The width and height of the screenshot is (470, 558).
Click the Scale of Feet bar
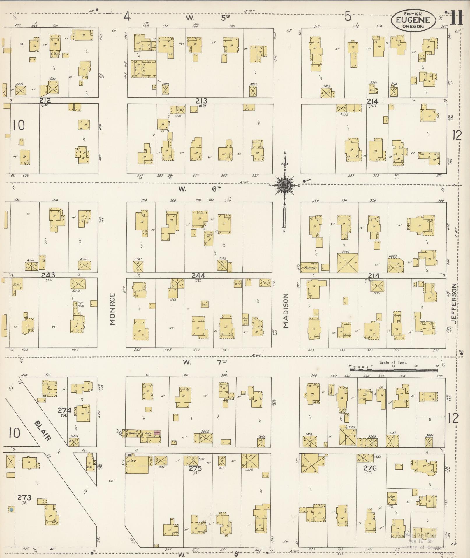tap(393, 370)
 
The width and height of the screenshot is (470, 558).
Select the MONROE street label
tap(113, 309)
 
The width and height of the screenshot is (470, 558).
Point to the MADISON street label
tap(286, 311)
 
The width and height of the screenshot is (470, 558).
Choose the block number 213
tap(201, 101)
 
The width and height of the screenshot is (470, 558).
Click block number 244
tap(199, 275)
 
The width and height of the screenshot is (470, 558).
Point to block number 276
tap(370, 468)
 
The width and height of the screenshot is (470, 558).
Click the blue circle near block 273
tap(11, 510)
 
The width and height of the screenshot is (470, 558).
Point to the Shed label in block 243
tap(16, 284)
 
